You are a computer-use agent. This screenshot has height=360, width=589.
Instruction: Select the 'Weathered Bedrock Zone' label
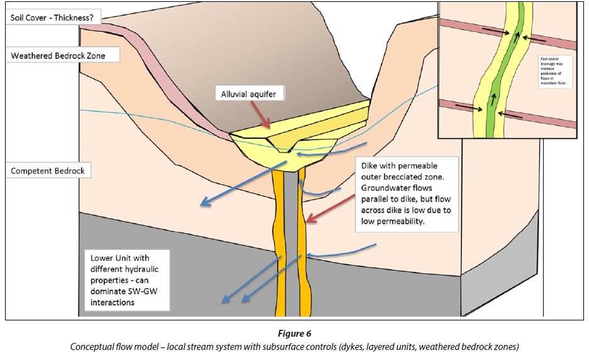click(x=57, y=56)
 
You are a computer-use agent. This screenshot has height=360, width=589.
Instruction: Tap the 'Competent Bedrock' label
click(x=48, y=170)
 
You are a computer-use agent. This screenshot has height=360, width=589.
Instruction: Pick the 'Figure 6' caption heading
click(x=294, y=334)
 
